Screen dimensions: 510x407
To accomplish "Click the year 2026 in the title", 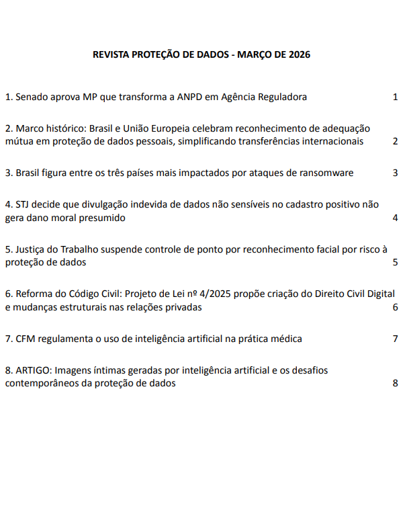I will click(299, 55).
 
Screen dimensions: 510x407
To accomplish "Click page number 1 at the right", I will click(396, 97).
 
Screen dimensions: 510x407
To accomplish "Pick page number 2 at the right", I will click(396, 141).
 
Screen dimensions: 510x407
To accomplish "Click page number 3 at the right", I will click(396, 173).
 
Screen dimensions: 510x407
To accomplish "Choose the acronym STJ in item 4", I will click(23, 204).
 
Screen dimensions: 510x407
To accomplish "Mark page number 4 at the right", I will click(396, 218).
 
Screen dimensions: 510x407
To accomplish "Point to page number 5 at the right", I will click(396, 262).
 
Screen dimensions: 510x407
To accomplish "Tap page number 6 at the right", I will click(396, 307).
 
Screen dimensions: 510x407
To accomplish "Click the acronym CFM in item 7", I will click(26, 339).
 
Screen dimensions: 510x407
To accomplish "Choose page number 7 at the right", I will click(396, 339).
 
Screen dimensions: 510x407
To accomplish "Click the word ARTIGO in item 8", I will click(33, 370).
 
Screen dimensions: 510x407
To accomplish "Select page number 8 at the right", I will click(396, 383).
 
